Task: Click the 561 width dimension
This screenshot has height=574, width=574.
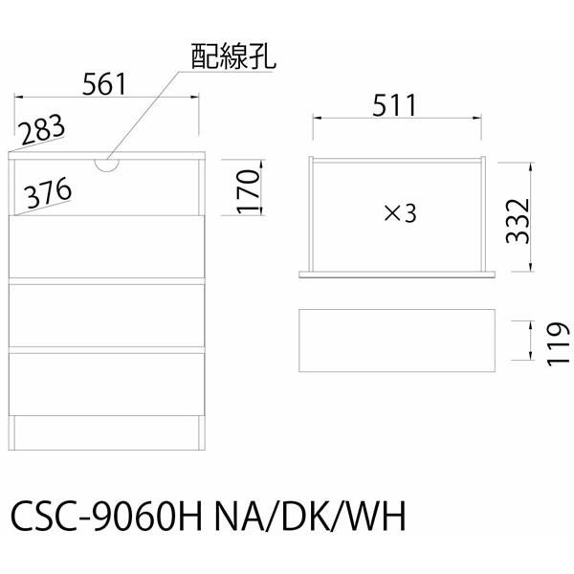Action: [104, 84]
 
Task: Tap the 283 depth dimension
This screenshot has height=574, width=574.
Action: [42, 129]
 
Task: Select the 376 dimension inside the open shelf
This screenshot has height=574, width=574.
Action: [48, 192]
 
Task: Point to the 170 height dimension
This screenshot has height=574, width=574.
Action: [248, 191]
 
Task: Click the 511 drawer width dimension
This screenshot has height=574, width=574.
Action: [394, 105]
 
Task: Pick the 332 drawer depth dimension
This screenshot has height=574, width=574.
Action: [518, 221]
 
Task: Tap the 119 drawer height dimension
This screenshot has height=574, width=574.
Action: [559, 344]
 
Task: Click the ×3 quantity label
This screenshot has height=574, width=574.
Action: [400, 213]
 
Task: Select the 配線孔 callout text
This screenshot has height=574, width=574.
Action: [232, 56]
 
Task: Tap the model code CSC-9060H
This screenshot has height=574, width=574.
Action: [106, 516]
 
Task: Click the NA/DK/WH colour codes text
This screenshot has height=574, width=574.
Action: [310, 516]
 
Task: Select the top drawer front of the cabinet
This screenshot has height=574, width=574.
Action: [106, 247]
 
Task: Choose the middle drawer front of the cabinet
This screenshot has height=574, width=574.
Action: [106, 316]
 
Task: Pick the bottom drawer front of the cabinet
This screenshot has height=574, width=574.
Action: [106, 385]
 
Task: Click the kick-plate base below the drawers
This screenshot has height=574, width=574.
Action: [106, 432]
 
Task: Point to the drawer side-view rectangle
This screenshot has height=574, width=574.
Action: [397, 341]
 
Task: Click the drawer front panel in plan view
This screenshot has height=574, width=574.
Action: [397, 275]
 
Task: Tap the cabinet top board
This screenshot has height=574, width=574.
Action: [106, 156]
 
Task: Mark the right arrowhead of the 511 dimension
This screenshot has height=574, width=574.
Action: [477, 118]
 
